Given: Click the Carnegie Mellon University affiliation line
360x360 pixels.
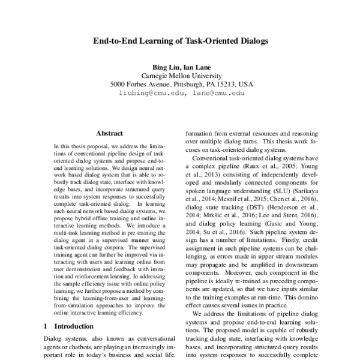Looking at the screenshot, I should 181,76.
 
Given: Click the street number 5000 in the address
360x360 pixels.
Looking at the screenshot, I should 118,85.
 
